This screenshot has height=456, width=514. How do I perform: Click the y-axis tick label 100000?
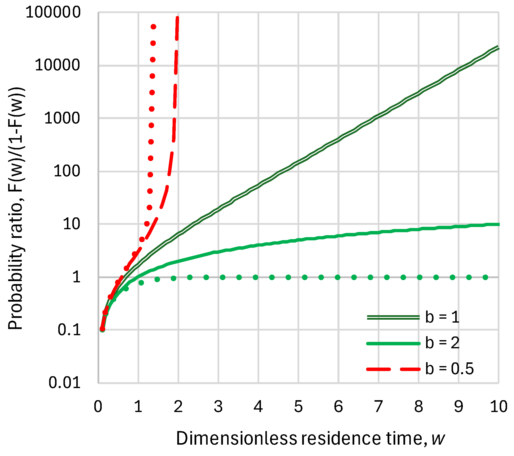[53, 12]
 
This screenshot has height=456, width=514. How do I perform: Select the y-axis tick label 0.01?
[64, 383]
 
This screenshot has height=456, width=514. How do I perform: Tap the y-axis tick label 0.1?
[69, 330]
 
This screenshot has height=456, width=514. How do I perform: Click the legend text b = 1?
[442, 317]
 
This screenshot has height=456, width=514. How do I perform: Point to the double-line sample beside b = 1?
[393, 318]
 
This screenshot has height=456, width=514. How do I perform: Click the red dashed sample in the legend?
[393, 369]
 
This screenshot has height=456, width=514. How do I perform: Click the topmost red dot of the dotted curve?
[153, 27]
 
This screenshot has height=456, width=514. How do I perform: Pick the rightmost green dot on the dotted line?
[485, 277]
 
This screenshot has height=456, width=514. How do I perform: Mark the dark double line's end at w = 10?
[498, 47]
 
